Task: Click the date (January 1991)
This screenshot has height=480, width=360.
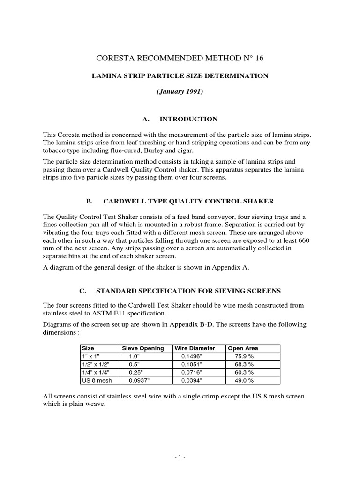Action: tap(180, 92)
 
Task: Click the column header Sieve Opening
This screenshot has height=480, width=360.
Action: tap(143, 348)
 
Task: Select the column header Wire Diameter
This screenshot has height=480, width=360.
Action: tap(195, 348)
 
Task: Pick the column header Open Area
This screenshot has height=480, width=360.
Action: tap(243, 348)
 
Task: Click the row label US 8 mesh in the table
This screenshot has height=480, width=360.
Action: tap(95, 380)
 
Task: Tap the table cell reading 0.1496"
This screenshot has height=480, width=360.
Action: tap(191, 356)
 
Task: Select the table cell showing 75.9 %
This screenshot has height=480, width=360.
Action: tap(244, 356)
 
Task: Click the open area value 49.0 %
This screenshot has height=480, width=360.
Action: tap(244, 380)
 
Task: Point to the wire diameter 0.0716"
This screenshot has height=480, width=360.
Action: tap(191, 372)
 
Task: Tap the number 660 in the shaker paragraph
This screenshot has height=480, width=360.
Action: tap(303, 240)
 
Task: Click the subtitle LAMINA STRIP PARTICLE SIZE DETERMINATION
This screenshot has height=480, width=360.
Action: tap(180, 75)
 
